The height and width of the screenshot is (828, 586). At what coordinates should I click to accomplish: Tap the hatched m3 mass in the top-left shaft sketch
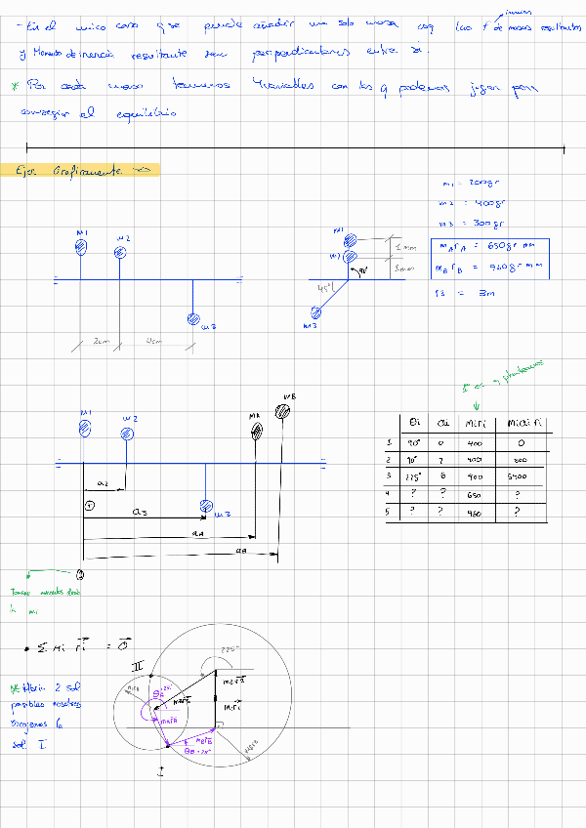point(193,320)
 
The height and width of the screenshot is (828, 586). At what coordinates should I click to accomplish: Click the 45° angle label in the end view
point(326,289)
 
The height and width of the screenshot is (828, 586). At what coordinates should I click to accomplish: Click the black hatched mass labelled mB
point(283,411)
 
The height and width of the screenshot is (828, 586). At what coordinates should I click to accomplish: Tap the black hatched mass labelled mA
point(256,431)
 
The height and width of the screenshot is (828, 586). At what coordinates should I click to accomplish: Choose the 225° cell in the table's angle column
point(413,476)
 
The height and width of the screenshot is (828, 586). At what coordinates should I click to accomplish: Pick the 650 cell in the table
point(476,493)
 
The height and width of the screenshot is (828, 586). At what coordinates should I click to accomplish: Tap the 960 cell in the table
point(476,511)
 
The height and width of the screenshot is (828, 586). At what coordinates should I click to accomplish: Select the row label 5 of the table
point(390,511)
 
